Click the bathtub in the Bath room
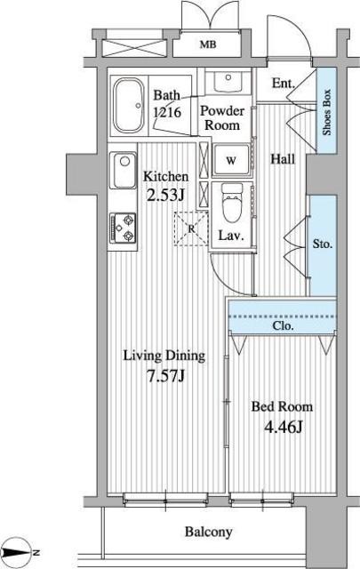point(129,106)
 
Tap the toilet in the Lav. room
point(232,202)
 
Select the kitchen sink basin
point(123,170)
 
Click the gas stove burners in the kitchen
point(123,228)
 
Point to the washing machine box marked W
point(231,160)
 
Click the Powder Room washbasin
point(228,82)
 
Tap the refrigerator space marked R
point(191,228)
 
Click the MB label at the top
point(208,44)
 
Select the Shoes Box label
point(327,112)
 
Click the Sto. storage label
point(323,244)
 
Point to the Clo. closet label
point(283,325)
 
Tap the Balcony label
point(209,532)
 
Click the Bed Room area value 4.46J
point(283,427)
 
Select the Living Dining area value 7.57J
point(165,376)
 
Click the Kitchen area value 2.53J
point(165,196)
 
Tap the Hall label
point(283,159)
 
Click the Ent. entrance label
point(283,83)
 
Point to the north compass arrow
point(17,553)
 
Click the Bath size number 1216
point(167,112)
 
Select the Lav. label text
point(230,236)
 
